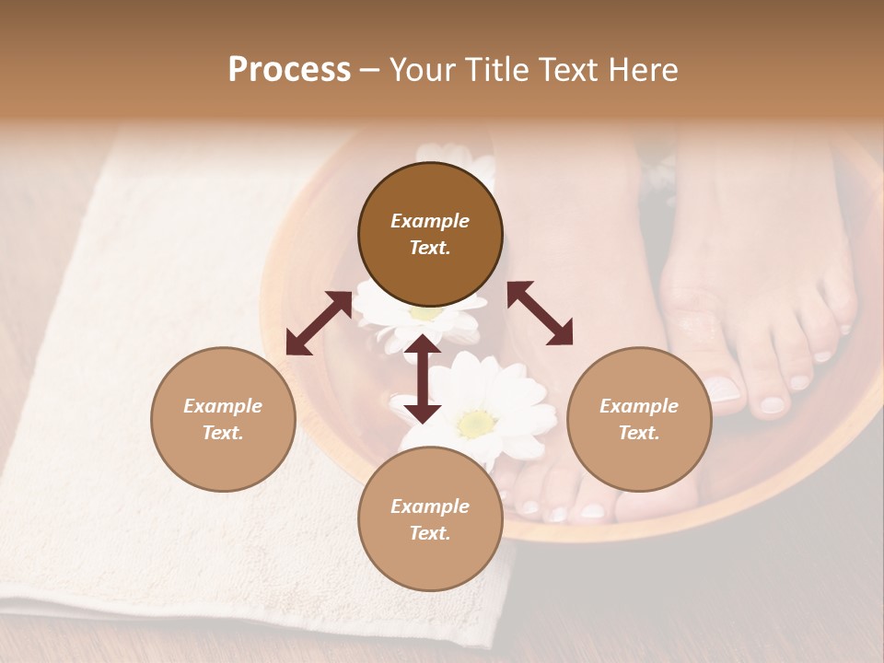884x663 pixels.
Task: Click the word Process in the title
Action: (x=289, y=70)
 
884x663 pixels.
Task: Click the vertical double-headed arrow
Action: (x=423, y=379)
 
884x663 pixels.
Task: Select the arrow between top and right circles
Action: (x=540, y=313)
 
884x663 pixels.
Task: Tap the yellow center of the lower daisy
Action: (x=475, y=423)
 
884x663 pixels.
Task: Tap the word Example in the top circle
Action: (x=430, y=221)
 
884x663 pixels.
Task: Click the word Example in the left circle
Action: (x=223, y=406)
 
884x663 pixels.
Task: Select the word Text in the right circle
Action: (x=639, y=433)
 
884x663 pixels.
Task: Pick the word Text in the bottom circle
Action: (x=430, y=533)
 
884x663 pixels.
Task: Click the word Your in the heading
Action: (x=423, y=70)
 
